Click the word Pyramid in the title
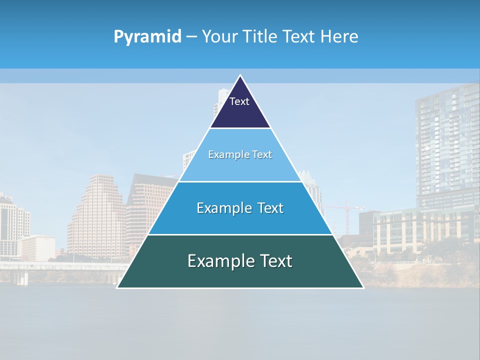click(147, 37)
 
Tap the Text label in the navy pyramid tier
click(239, 101)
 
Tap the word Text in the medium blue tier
click(270, 208)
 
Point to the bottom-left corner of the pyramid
click(117, 287)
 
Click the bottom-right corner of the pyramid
click(363, 287)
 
